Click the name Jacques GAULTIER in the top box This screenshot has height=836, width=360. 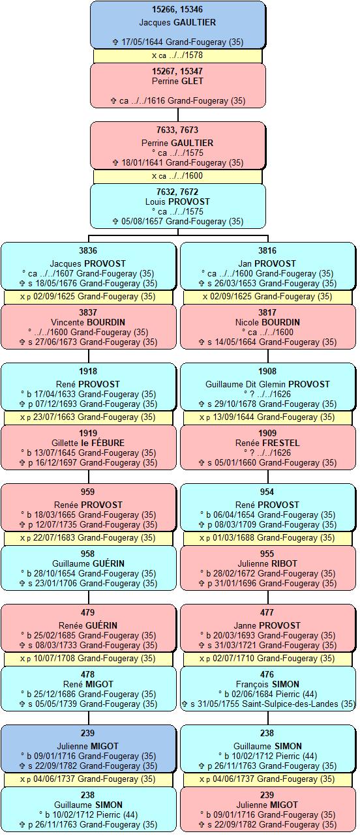tap(177, 22)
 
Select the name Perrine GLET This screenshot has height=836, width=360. tap(177, 81)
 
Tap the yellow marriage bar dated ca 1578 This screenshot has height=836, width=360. tap(178, 55)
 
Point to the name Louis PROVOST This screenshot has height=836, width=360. tap(177, 202)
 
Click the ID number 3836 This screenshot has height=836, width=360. tap(88, 251)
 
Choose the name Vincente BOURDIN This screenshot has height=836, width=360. tap(88, 322)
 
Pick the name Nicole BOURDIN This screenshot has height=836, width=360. tap(267, 322)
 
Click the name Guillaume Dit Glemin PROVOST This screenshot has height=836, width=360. tap(267, 384)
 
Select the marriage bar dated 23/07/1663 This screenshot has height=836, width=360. tap(88, 417)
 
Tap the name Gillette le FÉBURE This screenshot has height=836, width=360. tap(88, 443)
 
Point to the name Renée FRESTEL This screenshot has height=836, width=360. tap(267, 443)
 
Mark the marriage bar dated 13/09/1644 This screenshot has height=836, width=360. tap(267, 417)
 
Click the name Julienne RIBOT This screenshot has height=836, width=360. tap(267, 563)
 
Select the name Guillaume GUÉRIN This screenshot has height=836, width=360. tap(88, 563)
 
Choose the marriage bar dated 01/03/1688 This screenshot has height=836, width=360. tap(267, 538)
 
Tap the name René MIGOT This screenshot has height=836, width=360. tap(88, 684)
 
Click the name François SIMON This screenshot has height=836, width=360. tap(267, 684)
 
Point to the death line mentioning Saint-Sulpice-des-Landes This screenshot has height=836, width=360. tap(268, 704)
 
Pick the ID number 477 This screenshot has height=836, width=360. tap(267, 612)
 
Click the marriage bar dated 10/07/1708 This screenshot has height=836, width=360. tap(88, 659)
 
